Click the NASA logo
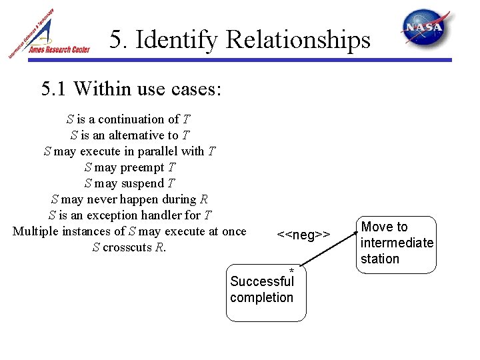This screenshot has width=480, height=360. click(425, 29)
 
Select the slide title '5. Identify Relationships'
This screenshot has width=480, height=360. click(240, 40)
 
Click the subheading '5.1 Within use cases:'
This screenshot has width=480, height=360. click(131, 89)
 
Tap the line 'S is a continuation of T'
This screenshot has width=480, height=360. click(129, 119)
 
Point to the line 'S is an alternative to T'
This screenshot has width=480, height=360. click(129, 135)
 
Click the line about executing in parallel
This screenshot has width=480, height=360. click(129, 151)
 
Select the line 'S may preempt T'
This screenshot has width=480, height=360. click(129, 167)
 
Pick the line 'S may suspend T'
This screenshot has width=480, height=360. click(129, 183)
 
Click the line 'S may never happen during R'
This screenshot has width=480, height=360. click(129, 199)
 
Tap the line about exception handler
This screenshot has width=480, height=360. click(129, 215)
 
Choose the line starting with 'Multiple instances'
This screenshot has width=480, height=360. click(129, 231)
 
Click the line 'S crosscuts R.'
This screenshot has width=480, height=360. click(129, 247)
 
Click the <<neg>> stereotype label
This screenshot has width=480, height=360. click(303, 235)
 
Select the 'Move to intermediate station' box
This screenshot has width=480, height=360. click(397, 243)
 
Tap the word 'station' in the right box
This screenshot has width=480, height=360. click(379, 259)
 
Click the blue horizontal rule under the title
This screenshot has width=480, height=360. click(280, 60)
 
